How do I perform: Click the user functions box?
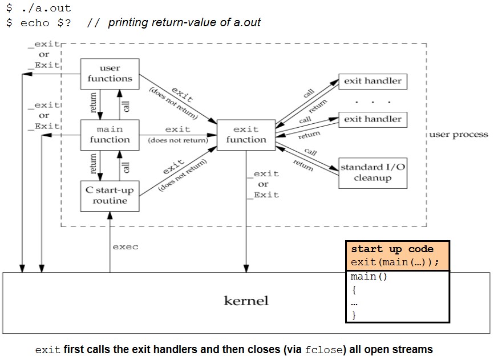[110, 74]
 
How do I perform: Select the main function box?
[110, 135]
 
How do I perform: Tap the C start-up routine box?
[110, 195]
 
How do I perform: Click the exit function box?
[246, 135]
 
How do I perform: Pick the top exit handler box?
[372, 81]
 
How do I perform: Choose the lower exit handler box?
[372, 119]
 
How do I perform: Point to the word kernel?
[246, 301]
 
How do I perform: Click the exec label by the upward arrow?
[125, 247]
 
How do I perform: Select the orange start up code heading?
[392, 249]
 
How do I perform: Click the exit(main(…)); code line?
[395, 262]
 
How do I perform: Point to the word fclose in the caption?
[324, 350]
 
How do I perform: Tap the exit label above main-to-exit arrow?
[177, 130]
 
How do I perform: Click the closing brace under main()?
[354, 315]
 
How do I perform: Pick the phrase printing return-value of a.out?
[184, 23]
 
